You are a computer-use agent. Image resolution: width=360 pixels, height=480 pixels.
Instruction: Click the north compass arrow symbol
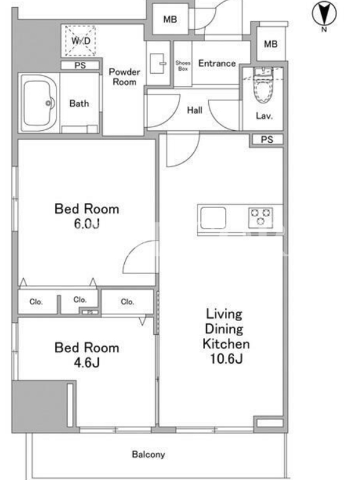[x=324, y=13]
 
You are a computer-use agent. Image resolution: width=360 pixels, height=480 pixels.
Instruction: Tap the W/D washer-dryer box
[x=80, y=41]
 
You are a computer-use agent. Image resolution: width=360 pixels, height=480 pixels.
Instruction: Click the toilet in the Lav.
[x=263, y=86]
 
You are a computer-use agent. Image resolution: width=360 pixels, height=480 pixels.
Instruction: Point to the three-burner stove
[x=260, y=217]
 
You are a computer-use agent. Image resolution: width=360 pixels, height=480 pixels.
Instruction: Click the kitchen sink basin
[x=213, y=218]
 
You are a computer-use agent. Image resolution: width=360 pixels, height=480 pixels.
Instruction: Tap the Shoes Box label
[x=183, y=66]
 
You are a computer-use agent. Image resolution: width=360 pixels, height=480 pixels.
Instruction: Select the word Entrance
[x=217, y=64]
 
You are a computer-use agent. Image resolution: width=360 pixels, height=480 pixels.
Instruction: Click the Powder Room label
[x=125, y=77]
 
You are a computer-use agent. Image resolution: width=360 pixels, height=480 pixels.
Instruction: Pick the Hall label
[x=194, y=110]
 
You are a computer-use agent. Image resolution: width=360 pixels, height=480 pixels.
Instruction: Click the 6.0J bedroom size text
[x=87, y=224]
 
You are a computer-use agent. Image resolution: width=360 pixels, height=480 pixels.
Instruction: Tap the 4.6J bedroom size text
[x=86, y=362]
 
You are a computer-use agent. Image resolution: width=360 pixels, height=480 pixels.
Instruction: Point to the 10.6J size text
[x=226, y=358]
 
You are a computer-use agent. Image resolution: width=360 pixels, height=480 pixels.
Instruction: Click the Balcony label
[x=148, y=455]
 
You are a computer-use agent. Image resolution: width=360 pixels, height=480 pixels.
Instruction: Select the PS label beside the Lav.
[x=267, y=140]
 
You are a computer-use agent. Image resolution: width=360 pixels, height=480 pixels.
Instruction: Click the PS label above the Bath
[x=80, y=65]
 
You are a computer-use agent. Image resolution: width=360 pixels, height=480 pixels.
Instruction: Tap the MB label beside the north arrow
[x=271, y=44]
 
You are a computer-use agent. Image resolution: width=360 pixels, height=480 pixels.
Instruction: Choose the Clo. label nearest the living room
[x=127, y=302]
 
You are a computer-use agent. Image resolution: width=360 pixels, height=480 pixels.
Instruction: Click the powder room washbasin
[x=157, y=64]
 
